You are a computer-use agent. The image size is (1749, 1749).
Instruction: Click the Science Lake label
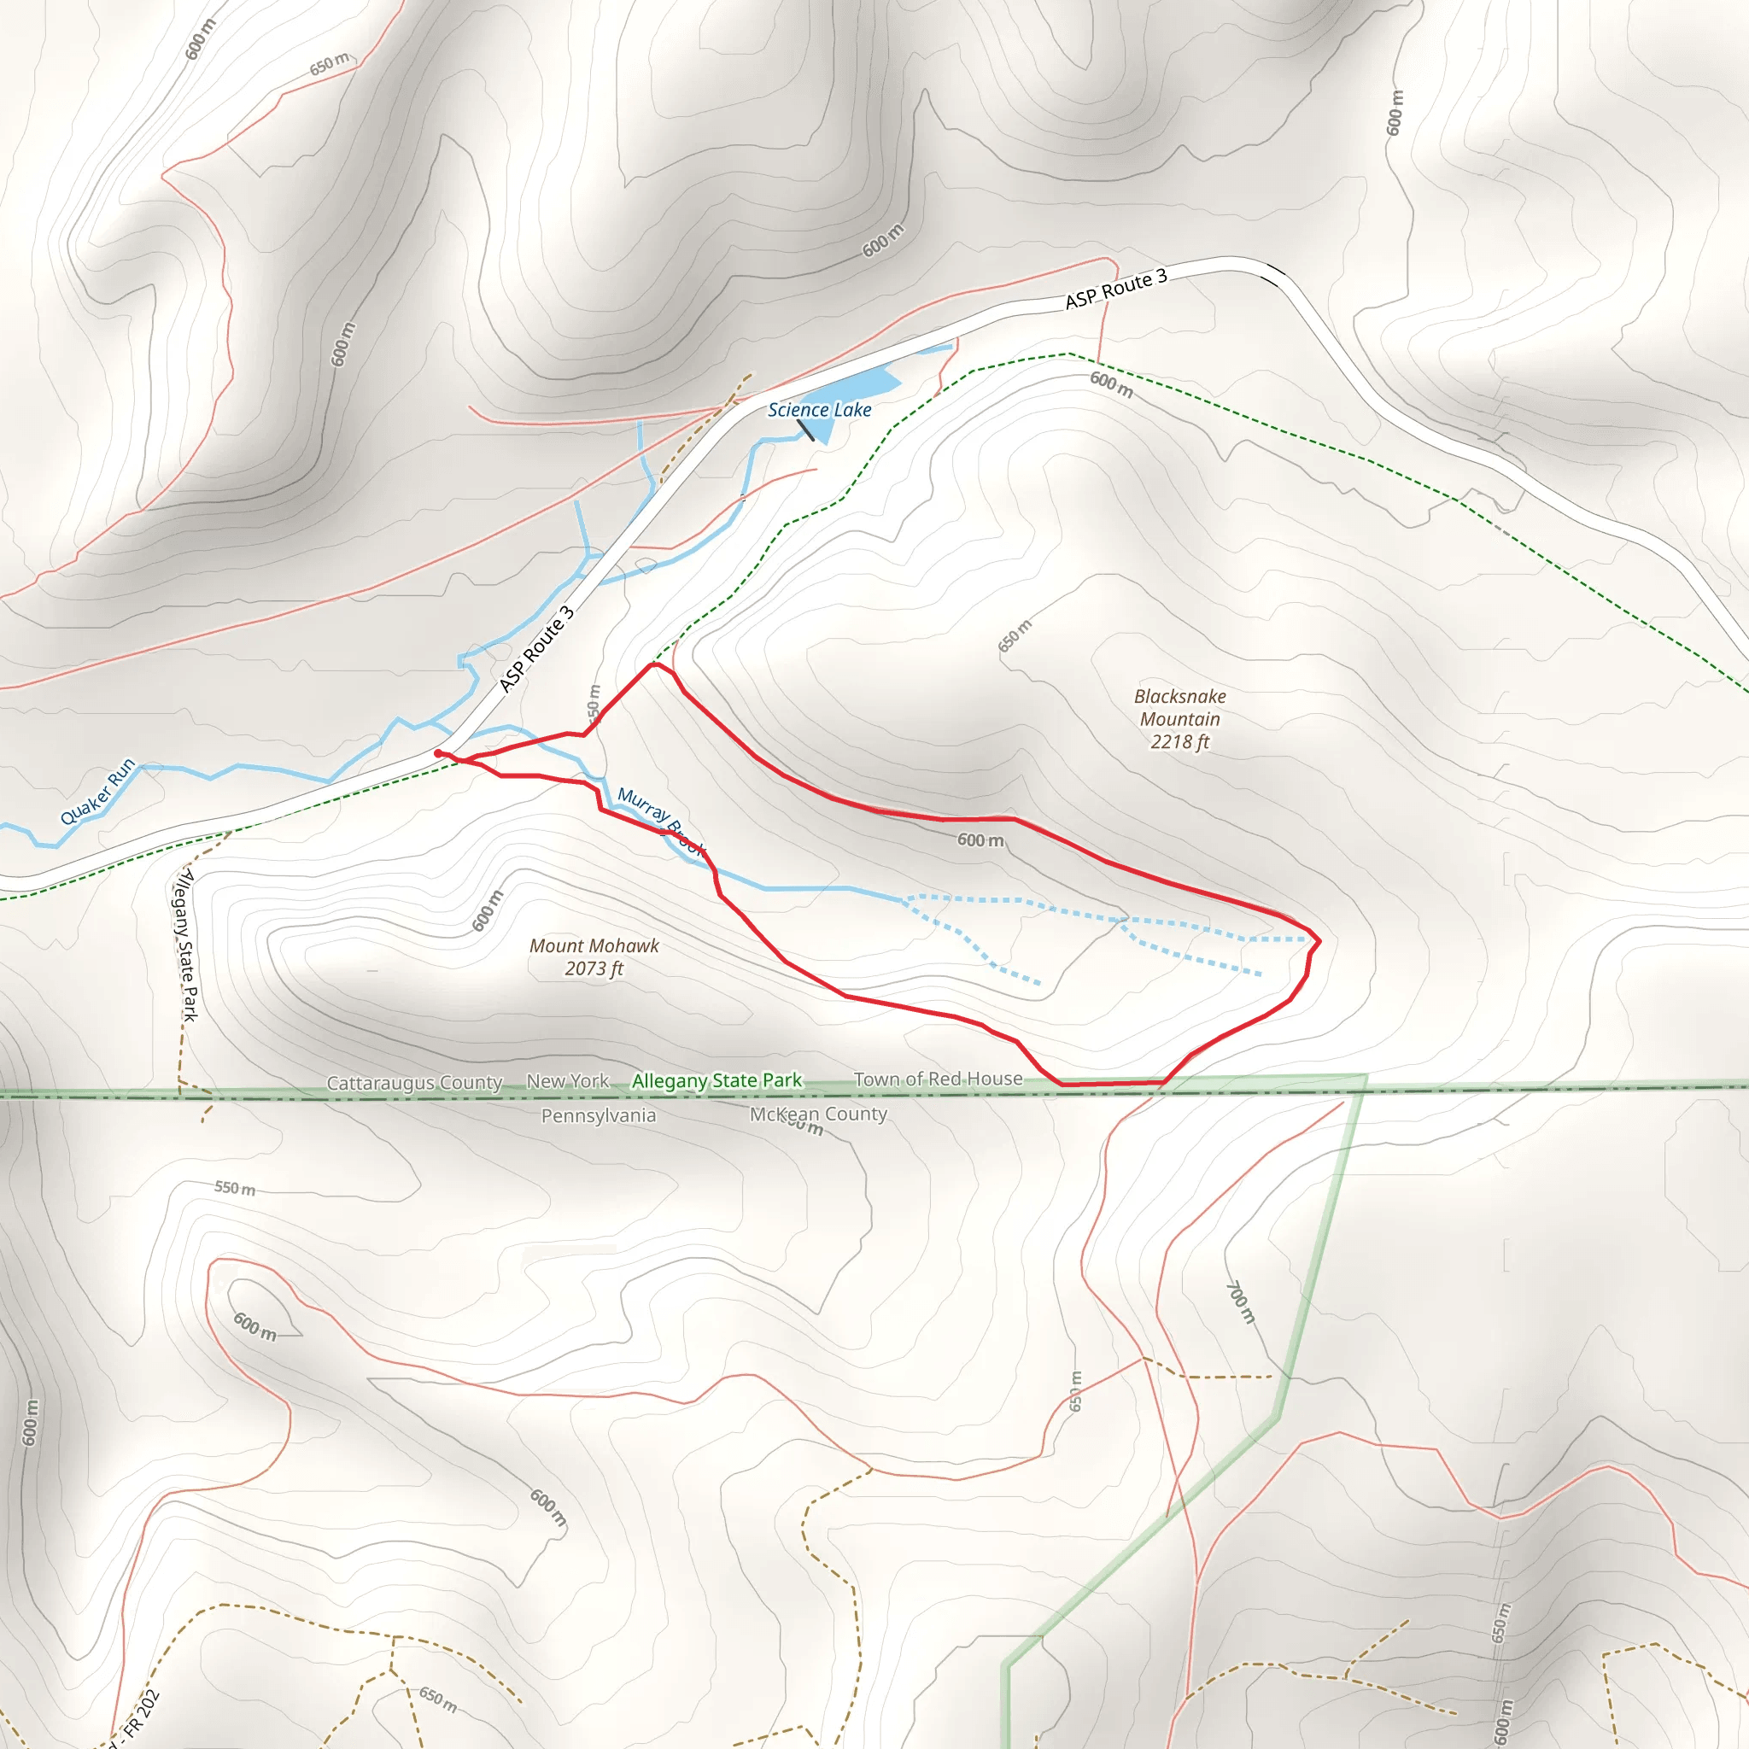tap(819, 410)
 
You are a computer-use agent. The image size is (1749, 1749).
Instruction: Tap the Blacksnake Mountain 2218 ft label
tap(1179, 719)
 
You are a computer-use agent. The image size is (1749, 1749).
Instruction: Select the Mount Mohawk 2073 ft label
tap(594, 956)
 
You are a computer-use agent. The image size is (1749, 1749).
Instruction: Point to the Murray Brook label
tap(661, 820)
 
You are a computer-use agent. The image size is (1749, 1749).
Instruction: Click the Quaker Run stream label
tap(97, 790)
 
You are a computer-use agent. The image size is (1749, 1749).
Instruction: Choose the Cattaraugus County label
tap(413, 1083)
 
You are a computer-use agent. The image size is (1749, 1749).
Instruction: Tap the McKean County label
tap(817, 1114)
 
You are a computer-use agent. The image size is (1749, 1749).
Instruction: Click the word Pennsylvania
tap(599, 1115)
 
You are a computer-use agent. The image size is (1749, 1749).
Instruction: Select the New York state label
tap(568, 1081)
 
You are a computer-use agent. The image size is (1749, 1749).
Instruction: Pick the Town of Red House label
tap(938, 1079)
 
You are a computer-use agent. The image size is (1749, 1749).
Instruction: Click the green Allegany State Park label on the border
tap(716, 1081)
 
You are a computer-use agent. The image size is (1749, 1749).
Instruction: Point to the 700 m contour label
tap(1240, 1302)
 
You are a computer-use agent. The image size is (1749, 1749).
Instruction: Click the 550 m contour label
tap(235, 1188)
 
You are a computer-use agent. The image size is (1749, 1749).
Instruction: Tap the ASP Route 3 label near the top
tap(1115, 289)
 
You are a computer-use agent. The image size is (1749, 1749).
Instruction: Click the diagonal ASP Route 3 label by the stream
tap(537, 649)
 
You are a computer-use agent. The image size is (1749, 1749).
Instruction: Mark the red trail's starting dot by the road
tap(438, 753)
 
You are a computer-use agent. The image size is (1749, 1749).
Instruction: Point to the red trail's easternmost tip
tap(1319, 941)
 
